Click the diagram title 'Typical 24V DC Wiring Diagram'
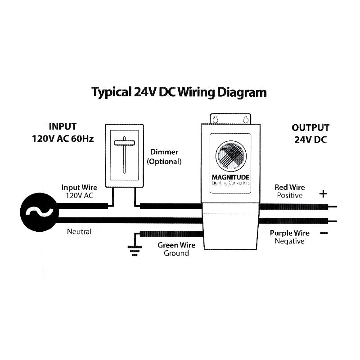pyautogui.click(x=179, y=92)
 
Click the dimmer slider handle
pyautogui.click(x=124, y=144)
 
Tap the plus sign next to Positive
pyautogui.click(x=323, y=194)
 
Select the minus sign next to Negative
pyautogui.click(x=323, y=233)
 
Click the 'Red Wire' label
pyautogui.click(x=289, y=187)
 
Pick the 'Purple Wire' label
pyautogui.click(x=289, y=233)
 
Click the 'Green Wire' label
pyautogui.click(x=176, y=245)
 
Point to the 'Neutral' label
pyautogui.click(x=79, y=232)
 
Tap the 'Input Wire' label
pyautogui.click(x=79, y=187)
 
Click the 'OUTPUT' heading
pyautogui.click(x=310, y=128)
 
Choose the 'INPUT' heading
pyautogui.click(x=62, y=126)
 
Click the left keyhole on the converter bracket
pyautogui.click(x=216, y=120)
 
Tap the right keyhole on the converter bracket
pyautogui.click(x=246, y=120)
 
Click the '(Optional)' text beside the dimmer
pyautogui.click(x=164, y=161)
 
